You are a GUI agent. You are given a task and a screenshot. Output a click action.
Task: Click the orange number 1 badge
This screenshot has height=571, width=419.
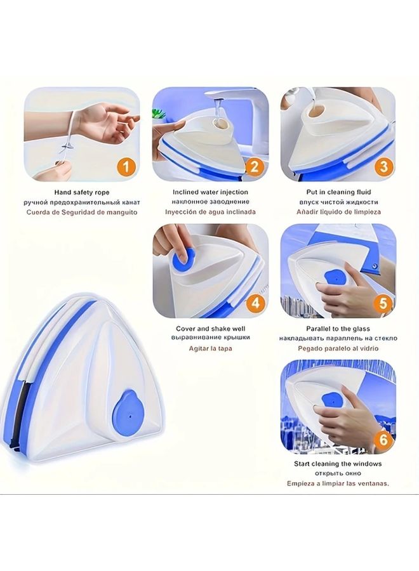pos(126,167)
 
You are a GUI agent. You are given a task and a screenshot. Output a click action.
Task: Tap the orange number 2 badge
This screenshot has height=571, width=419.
pos(254,167)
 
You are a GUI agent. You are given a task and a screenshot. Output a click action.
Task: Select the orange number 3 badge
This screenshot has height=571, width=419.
pos(382,167)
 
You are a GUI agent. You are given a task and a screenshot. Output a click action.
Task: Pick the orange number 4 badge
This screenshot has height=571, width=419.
pos(254,303)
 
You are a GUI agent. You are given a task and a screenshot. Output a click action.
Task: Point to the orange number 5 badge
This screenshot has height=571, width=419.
pos(382,303)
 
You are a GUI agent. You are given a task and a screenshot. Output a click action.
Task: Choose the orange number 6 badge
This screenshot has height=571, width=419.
pos(382,438)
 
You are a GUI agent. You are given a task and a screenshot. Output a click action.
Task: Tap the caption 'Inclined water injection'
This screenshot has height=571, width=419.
pos(210,192)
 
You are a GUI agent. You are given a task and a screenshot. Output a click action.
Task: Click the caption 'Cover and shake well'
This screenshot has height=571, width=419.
pos(210,329)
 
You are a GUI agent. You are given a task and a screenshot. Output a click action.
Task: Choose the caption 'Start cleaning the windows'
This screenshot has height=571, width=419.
pos(338,464)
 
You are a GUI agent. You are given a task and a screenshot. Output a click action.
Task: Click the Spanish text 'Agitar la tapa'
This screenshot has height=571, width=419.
pos(210,348)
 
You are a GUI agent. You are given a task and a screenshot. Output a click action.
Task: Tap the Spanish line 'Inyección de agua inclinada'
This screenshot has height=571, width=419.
pos(210,212)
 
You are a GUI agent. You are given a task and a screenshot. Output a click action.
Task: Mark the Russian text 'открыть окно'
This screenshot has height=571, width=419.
pos(338,473)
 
